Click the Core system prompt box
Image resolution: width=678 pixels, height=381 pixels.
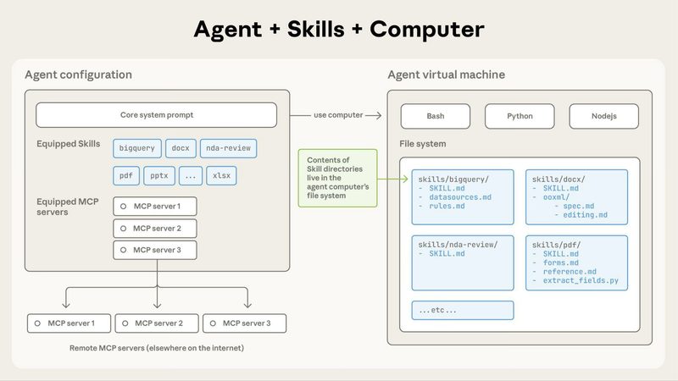(156, 115)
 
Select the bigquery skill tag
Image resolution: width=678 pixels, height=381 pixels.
(136, 148)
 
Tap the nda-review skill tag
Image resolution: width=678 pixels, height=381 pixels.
(228, 148)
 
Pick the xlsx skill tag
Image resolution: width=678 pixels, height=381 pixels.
(222, 176)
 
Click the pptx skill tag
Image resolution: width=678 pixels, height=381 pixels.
(159, 176)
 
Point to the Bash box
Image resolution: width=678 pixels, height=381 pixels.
(435, 115)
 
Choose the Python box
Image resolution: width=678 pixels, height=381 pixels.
(520, 115)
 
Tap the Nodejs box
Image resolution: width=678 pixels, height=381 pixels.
(603, 115)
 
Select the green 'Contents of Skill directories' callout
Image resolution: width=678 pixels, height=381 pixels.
(337, 179)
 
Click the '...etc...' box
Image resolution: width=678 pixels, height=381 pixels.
(462, 310)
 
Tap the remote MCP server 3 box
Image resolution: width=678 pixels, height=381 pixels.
(243, 323)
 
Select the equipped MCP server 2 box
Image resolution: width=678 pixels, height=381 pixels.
(155, 229)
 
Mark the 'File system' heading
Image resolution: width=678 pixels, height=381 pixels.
(423, 144)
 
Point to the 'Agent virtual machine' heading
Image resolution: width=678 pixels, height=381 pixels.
(447, 75)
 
